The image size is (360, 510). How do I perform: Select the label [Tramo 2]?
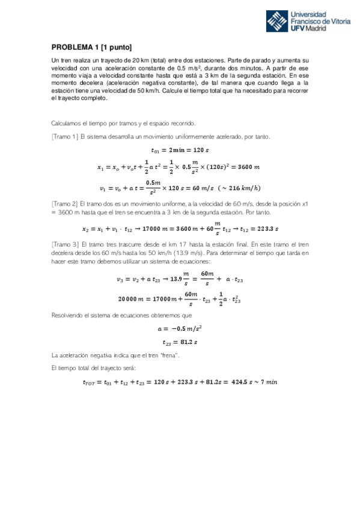point(65,204)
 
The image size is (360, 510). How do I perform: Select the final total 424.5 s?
point(238,381)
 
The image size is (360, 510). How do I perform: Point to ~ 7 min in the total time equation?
point(264,381)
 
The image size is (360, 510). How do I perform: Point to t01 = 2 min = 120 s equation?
point(180,150)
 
